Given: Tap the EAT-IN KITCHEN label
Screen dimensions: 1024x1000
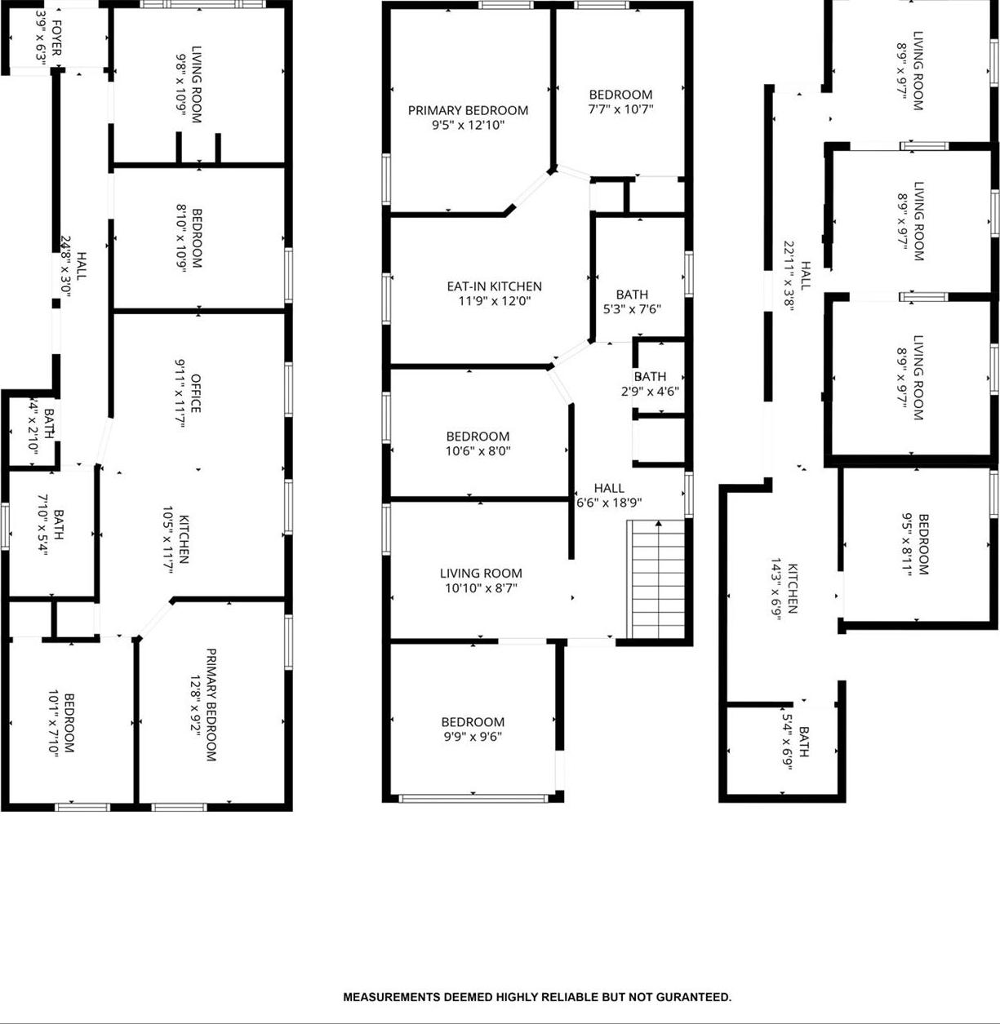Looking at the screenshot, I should (x=494, y=286).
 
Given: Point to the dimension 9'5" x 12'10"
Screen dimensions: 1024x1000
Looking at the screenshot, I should (x=468, y=125).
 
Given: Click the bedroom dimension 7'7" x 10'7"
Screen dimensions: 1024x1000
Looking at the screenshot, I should (x=620, y=109).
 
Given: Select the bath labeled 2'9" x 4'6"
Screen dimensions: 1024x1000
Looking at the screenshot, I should (x=650, y=383).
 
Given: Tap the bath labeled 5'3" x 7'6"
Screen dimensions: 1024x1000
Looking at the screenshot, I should (x=632, y=302).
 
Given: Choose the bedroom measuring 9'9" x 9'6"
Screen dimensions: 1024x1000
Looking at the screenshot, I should (x=473, y=729).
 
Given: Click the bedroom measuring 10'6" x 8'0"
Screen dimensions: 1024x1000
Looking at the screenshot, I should (x=478, y=443).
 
